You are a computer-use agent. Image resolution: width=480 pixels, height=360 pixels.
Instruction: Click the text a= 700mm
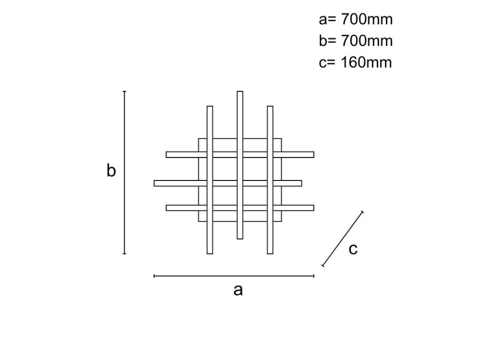point(355,20)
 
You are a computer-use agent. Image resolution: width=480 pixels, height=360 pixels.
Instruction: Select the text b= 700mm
point(355,41)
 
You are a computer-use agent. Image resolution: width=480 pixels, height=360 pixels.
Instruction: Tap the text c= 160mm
point(355,62)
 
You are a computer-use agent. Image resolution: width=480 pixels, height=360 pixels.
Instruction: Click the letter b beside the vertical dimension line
point(111,171)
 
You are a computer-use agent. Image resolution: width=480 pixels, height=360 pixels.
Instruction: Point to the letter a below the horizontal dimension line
point(238,290)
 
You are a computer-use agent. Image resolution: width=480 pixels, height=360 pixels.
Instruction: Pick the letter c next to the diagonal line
point(353,249)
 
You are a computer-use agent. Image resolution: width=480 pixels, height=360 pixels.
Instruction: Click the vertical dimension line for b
point(124,172)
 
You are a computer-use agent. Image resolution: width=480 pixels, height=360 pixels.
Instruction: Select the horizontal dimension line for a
point(234,277)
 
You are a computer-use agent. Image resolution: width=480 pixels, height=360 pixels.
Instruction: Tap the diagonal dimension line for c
point(343,239)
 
